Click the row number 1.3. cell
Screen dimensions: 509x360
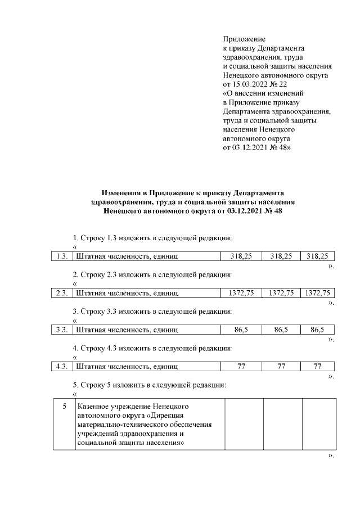pos(61,256)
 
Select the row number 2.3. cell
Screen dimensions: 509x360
pos(61,293)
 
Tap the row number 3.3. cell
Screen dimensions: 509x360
pos(61,330)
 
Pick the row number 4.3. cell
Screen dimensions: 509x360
pos(61,367)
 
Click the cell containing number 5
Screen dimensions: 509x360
pos(64,406)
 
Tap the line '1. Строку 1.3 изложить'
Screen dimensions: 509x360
pos(152,237)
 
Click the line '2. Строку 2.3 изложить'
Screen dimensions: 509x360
pos(152,274)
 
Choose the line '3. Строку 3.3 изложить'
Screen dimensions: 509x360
pos(152,311)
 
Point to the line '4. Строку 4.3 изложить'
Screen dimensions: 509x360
pos(152,348)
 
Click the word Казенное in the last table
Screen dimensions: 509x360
pos(94,406)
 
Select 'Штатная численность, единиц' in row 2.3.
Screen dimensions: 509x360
pos(127,293)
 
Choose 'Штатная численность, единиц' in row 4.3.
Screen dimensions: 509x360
pos(127,367)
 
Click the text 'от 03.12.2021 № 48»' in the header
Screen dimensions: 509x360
pos(258,147)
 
